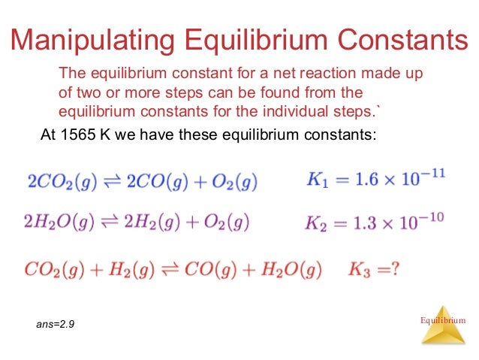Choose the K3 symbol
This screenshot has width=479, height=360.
[x=359, y=269]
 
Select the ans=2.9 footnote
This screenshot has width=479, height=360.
[x=56, y=325]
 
